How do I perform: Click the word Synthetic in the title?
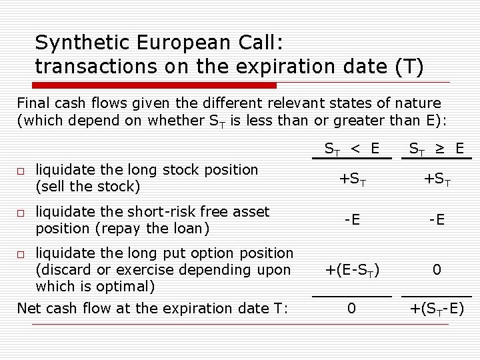(79, 43)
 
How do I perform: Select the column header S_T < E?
(351, 147)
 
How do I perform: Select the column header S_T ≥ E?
(437, 147)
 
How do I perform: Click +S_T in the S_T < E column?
(352, 179)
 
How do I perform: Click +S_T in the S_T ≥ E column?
(437, 179)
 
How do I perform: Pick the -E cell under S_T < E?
(352, 220)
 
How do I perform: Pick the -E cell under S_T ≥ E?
(437, 220)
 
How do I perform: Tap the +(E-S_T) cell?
(352, 270)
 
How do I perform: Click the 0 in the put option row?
(437, 270)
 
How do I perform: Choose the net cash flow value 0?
(352, 309)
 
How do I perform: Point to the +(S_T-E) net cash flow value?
(437, 309)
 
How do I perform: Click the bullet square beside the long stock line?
(21, 172)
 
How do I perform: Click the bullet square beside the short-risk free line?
(21, 213)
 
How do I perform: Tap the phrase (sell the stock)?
(88, 187)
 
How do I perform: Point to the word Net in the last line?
(29, 309)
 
